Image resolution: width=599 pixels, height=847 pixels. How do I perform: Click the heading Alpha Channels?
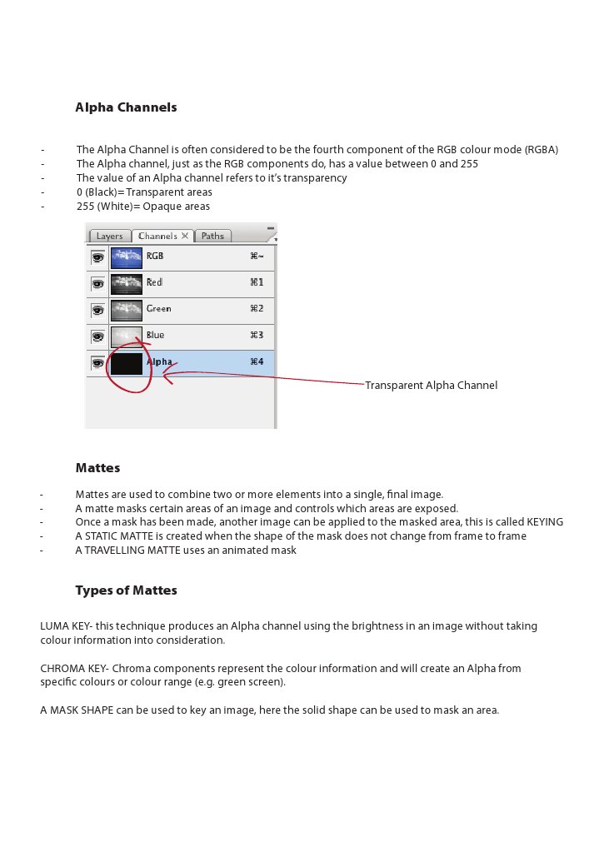point(126,107)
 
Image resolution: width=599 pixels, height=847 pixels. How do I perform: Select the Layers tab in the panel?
point(109,236)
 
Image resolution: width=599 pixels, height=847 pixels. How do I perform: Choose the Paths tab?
point(212,236)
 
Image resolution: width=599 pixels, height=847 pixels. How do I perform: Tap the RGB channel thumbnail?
point(127,257)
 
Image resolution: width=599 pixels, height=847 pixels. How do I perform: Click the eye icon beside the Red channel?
point(97,284)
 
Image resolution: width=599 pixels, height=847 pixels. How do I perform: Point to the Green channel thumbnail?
point(127,310)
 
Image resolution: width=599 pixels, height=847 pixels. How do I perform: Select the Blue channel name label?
point(155,336)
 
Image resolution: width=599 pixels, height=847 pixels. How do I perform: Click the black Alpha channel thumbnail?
point(127,363)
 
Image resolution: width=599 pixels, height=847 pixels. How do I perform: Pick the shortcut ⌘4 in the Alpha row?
point(257,362)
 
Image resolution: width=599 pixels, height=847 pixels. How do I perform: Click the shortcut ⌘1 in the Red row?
point(257,283)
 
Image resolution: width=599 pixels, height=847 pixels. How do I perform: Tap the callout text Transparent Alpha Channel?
point(431,386)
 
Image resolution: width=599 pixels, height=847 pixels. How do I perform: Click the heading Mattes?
point(97,468)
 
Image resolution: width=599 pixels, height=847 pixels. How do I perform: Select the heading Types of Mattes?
point(126,590)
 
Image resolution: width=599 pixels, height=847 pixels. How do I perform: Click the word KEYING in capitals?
point(545,522)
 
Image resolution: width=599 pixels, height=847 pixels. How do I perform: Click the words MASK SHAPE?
point(83,710)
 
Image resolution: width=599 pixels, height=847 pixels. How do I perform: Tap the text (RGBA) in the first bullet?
point(542,150)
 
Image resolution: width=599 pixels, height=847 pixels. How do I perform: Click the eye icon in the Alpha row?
point(97,363)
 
